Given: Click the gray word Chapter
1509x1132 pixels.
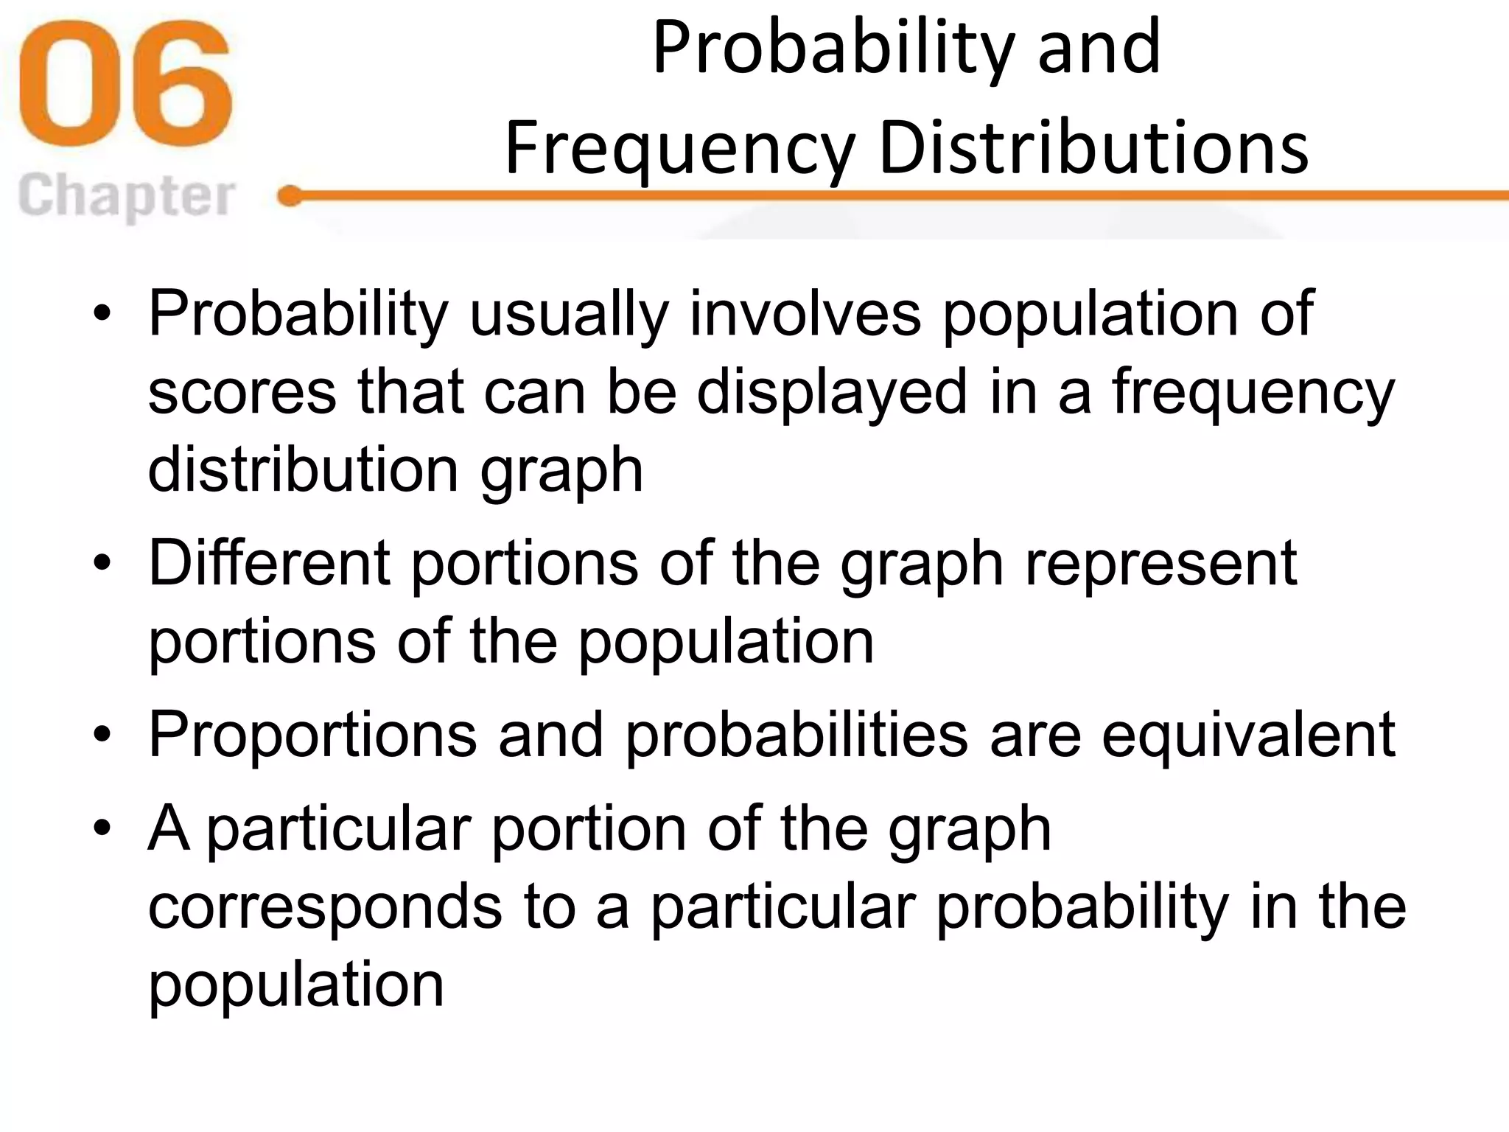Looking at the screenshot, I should click(126, 196).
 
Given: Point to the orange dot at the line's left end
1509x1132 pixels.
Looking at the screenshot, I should click(290, 196).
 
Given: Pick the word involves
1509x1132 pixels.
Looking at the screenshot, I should click(805, 314).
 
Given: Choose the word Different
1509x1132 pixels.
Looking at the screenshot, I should click(269, 563).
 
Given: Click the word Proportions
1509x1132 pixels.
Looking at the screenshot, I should click(313, 736).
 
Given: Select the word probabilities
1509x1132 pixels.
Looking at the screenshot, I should click(796, 735).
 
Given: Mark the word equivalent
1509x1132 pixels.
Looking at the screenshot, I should click(1248, 736).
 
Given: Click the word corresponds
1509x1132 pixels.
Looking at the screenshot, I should click(325, 907).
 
